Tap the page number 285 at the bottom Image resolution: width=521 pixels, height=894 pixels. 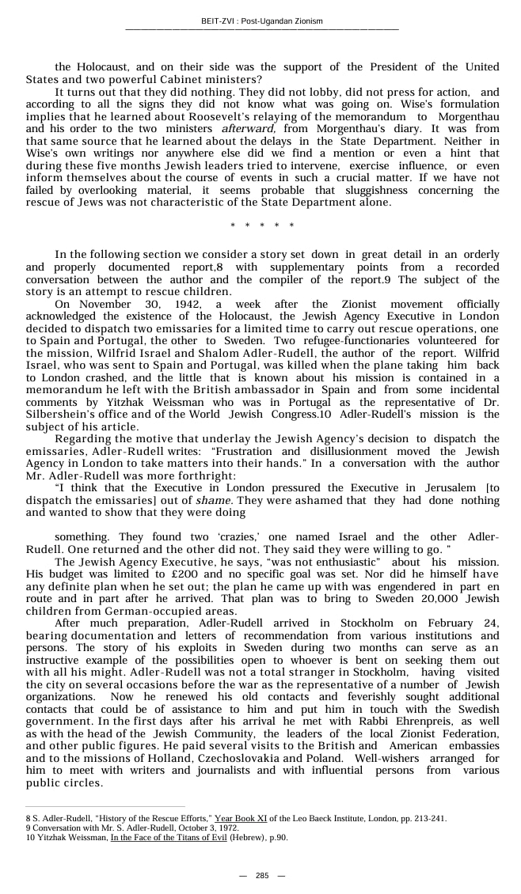(262, 875)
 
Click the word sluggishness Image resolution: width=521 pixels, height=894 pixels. (401, 190)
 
